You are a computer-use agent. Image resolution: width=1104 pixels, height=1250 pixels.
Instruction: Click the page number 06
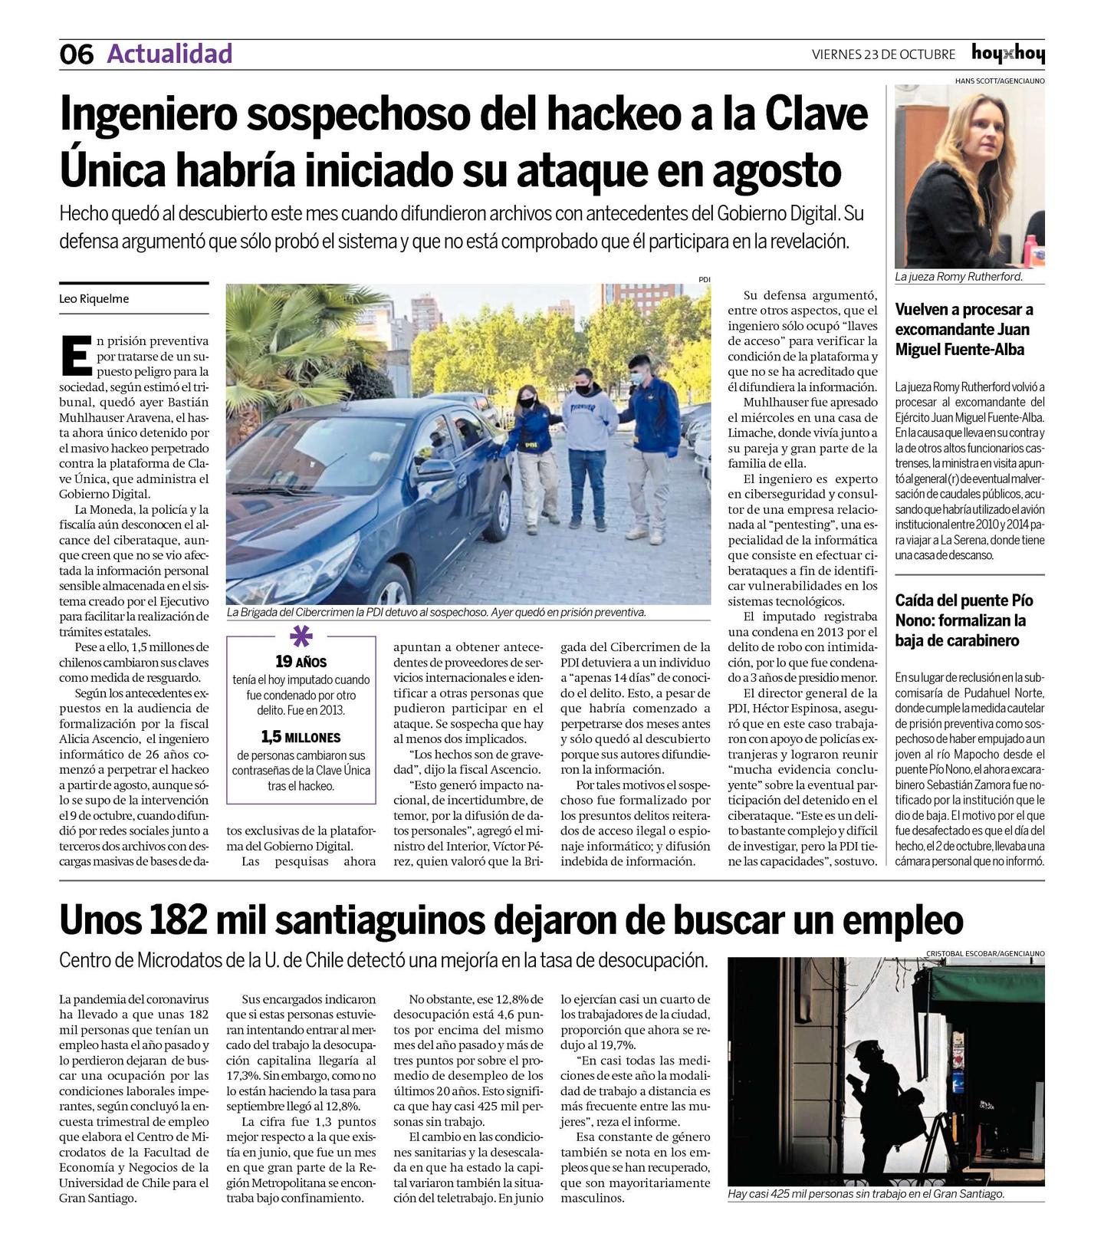[76, 54]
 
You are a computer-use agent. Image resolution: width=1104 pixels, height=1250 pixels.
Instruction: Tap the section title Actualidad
[169, 54]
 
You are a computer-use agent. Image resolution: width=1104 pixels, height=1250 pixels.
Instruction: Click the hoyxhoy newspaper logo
[1007, 54]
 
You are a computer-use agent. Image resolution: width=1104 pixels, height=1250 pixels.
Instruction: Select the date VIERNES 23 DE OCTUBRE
[883, 54]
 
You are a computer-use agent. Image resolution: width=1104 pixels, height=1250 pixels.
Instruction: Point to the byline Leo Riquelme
[94, 299]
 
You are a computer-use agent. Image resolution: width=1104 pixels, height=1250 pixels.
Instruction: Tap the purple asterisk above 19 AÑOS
[301, 638]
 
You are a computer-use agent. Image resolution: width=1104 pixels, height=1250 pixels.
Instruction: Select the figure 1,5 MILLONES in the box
[301, 738]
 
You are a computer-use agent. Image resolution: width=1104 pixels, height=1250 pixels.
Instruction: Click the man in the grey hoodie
[589, 437]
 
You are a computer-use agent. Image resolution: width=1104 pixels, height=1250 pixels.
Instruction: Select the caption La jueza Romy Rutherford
[958, 277]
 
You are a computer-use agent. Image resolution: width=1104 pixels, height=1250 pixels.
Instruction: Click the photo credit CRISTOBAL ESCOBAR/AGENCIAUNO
[984, 953]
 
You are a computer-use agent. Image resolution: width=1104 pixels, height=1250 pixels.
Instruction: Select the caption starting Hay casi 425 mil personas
[866, 1194]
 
